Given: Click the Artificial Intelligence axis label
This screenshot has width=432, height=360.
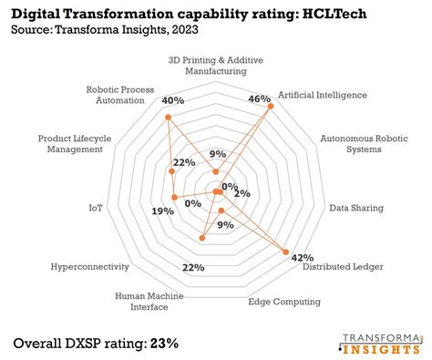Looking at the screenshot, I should point(322,94).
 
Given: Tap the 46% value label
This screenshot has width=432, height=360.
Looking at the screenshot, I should point(260,98).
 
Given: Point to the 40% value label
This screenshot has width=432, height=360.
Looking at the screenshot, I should point(172,99).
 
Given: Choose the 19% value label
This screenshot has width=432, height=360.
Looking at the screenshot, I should point(163,211).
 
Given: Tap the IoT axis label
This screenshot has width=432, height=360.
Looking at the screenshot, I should point(96,209).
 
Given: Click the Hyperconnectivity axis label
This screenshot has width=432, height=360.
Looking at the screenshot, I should point(90,267).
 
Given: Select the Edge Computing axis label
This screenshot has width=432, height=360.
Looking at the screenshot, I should point(284,302).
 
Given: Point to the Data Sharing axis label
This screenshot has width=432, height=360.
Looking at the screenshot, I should point(356,208).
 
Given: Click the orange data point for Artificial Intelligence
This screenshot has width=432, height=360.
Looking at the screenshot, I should point(271,108).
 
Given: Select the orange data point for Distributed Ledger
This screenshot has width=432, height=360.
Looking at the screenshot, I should point(286,252).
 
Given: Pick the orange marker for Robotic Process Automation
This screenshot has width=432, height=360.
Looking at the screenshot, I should point(168,118).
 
